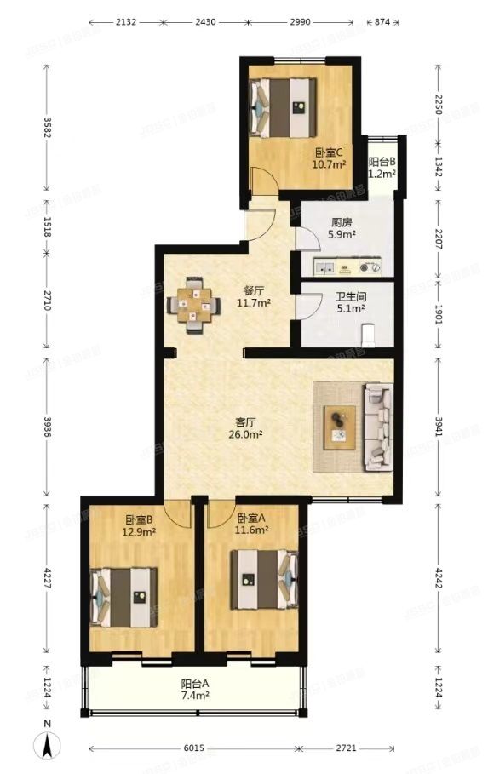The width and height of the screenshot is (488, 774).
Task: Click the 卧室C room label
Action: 328,153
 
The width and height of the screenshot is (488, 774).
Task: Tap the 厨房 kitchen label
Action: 342,223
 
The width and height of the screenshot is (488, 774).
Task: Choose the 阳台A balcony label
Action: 194,684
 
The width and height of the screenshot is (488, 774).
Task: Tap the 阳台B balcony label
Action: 382,163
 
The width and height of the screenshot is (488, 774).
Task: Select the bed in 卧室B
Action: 125,597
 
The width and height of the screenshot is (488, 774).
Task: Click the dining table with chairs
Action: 195,304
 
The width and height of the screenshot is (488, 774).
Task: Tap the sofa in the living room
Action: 377,427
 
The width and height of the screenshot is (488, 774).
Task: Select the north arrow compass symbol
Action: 49,746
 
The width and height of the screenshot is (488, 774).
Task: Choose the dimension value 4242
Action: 439,584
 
